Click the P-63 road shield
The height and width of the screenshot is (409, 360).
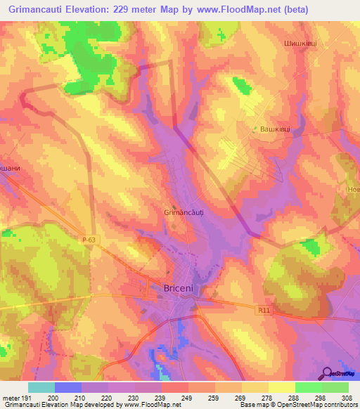[88, 240]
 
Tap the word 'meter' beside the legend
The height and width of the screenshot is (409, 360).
[11, 398]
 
